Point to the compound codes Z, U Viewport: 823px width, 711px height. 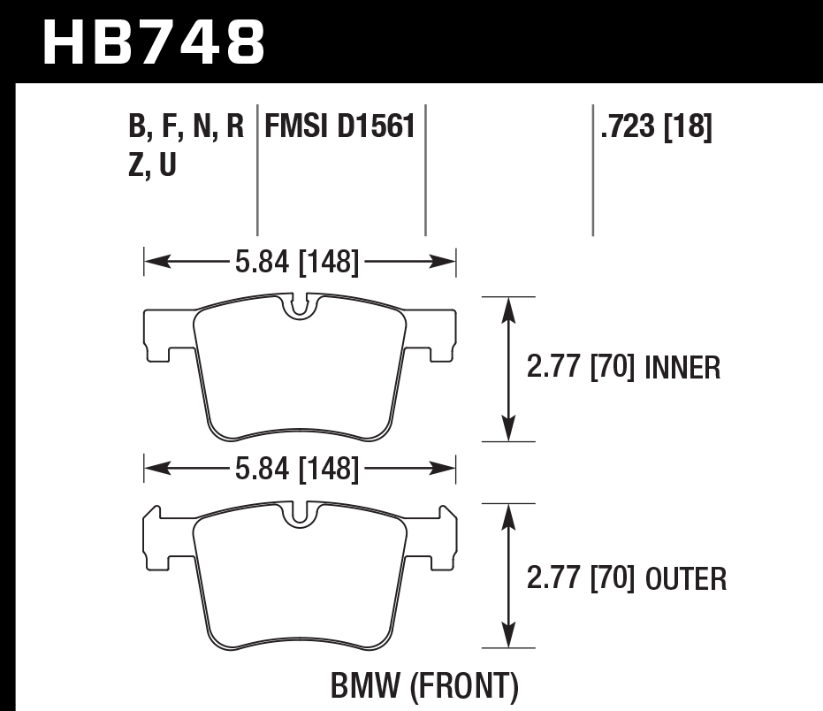click(151, 165)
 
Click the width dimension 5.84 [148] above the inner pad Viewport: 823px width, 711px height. click(297, 261)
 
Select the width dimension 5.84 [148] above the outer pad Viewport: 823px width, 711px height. click(297, 468)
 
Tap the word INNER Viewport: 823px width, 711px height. click(683, 367)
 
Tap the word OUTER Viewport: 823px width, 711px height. click(686, 579)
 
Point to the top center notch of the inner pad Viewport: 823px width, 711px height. click(301, 306)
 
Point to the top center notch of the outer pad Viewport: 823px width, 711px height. click(301, 513)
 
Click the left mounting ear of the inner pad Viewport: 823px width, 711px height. click(159, 334)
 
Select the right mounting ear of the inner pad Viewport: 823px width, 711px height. click(439, 334)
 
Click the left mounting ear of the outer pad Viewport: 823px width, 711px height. click(159, 541)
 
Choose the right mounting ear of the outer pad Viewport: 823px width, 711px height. click(439, 541)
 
